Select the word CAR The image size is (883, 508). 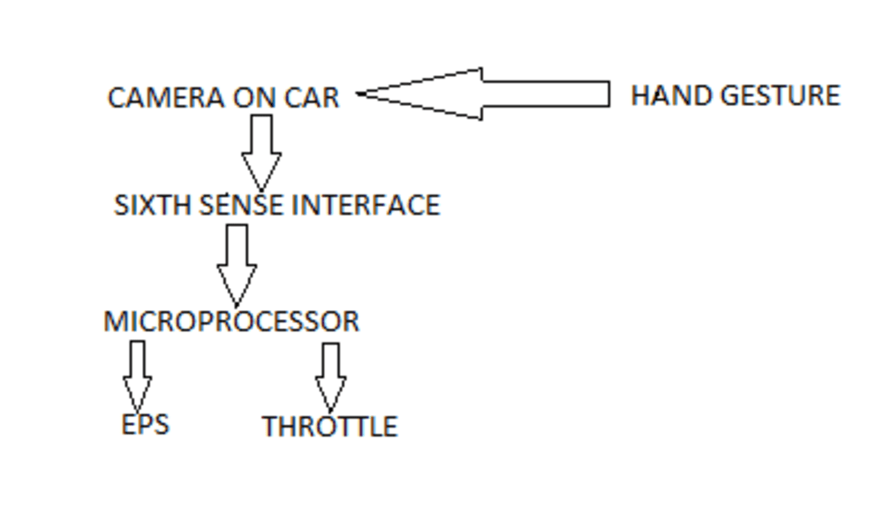pyautogui.click(x=312, y=97)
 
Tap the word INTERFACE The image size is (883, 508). pyautogui.click(x=366, y=205)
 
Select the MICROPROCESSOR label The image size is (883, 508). pyautogui.click(x=231, y=321)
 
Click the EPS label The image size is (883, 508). pyautogui.click(x=145, y=424)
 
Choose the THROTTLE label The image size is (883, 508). pyautogui.click(x=329, y=427)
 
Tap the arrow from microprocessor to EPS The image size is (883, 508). pyautogui.click(x=137, y=375)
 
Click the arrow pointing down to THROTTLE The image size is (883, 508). pyautogui.click(x=330, y=376)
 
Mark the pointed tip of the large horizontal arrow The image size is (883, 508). pyautogui.click(x=360, y=94)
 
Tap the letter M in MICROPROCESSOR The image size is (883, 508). pyautogui.click(x=113, y=321)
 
